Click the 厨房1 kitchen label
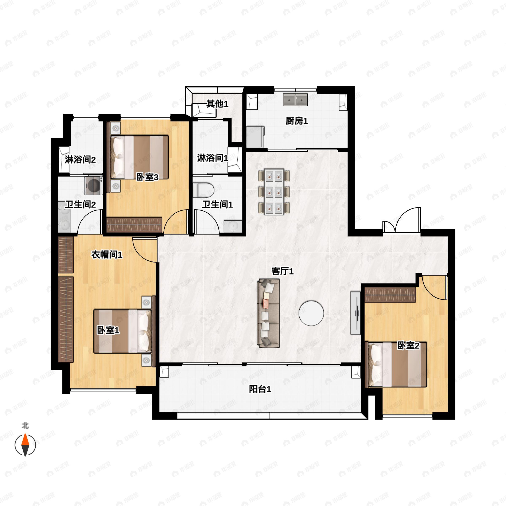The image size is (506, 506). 296,121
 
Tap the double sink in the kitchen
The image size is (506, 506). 295,100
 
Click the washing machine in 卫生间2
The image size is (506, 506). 93,186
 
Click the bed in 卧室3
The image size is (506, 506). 139,157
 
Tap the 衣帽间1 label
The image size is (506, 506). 107,254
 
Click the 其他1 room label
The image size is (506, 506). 217,104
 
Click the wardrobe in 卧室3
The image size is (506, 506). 134,225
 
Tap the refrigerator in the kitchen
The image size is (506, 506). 255,137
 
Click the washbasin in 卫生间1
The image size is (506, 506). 233,226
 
